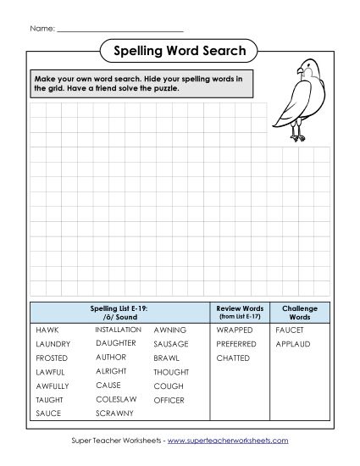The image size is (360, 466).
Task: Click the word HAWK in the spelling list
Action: click(47, 329)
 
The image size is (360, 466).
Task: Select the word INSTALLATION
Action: click(118, 329)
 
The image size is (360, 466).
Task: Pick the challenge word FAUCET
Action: click(290, 329)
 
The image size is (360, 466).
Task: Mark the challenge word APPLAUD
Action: click(293, 344)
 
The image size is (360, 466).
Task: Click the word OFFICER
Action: click(169, 399)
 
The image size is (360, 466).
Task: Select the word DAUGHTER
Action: click(115, 343)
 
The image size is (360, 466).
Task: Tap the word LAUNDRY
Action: click(53, 344)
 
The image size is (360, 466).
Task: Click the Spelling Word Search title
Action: click(179, 52)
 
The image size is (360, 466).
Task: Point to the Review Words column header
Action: click(241, 312)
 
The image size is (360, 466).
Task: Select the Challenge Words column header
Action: click(300, 312)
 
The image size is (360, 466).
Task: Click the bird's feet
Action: click(297, 136)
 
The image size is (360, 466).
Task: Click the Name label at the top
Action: click(42, 28)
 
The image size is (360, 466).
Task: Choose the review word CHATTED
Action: click(234, 358)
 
